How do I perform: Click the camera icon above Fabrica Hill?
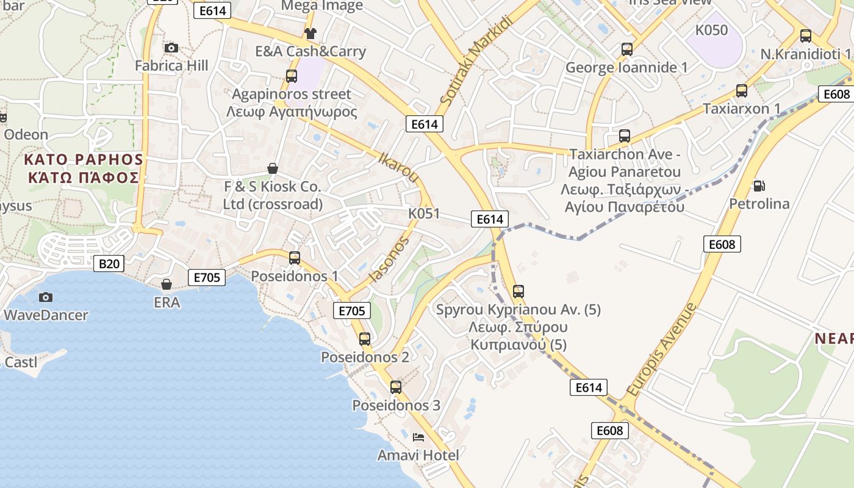(171, 48)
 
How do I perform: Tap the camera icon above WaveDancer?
(45, 297)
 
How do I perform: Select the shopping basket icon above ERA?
(166, 284)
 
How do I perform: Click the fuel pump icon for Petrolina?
(759, 185)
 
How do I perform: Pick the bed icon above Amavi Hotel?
(418, 437)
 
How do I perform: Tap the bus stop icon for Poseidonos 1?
(295, 257)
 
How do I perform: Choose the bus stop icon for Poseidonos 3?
(396, 387)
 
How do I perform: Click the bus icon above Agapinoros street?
(292, 76)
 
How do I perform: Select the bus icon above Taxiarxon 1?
(742, 91)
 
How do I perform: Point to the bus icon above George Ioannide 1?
(626, 49)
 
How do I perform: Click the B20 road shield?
(109, 264)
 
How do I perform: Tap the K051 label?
(424, 213)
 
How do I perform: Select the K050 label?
(712, 30)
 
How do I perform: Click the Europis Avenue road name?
(661, 350)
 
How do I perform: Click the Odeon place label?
(26, 135)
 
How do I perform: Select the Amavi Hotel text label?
(418, 455)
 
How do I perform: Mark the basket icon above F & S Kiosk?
(273, 168)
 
